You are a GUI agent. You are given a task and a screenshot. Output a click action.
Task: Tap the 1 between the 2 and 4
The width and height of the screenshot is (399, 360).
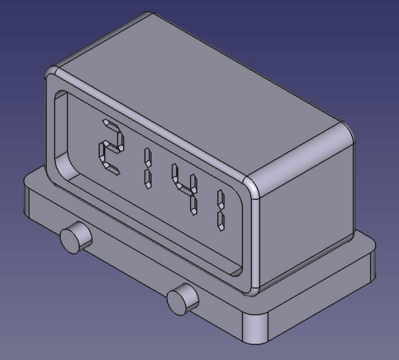(148, 168)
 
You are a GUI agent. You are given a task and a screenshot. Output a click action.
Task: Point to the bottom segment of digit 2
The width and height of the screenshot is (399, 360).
(111, 169)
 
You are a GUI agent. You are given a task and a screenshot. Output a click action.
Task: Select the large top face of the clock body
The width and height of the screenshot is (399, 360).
(199, 90)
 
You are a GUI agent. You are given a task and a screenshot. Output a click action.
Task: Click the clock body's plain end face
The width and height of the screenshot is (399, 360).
(304, 210)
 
